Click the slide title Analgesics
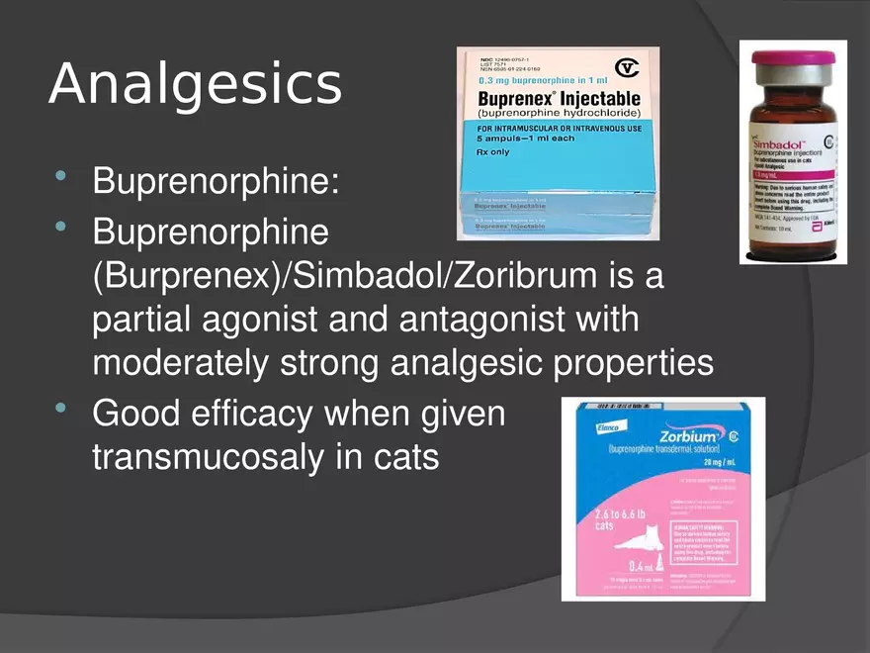click(195, 85)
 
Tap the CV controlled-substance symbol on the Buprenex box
click(626, 67)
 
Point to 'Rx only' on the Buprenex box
click(494, 151)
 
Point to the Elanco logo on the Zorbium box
click(580, 426)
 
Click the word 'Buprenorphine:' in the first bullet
click(215, 183)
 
